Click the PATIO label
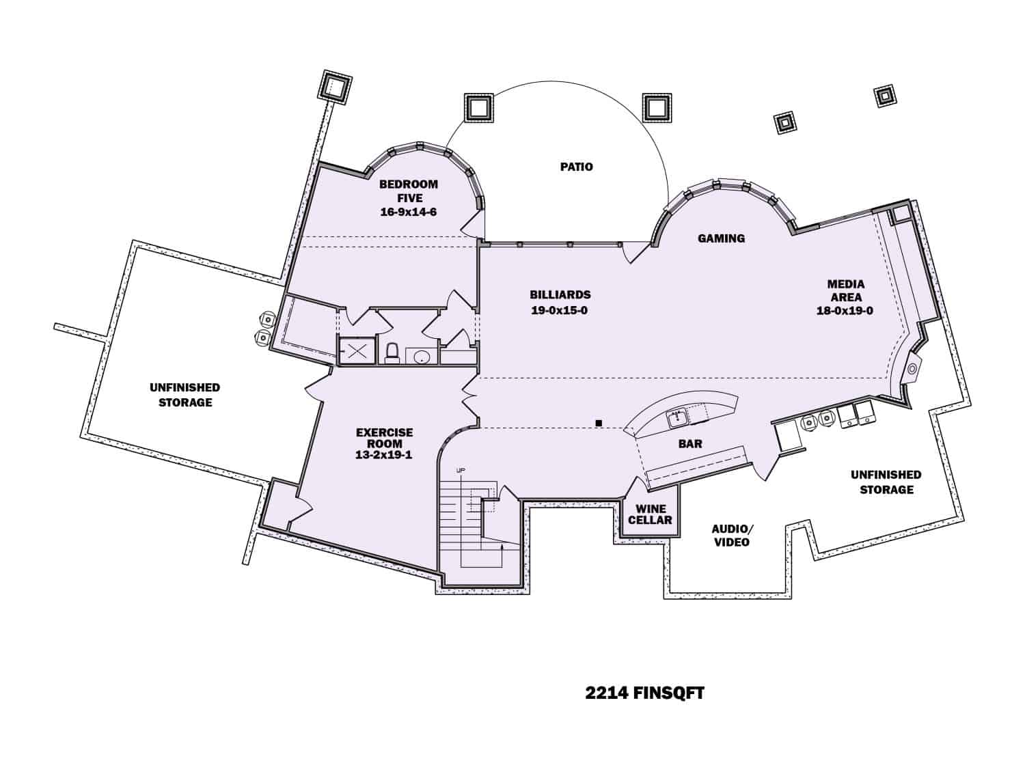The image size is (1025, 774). point(576,167)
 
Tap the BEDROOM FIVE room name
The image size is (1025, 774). point(409,191)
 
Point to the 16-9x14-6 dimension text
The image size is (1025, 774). point(409,212)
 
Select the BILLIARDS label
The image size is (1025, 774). point(560,295)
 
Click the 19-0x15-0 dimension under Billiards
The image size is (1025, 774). point(560,311)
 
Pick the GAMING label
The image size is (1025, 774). point(721,238)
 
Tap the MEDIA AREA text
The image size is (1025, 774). point(845,290)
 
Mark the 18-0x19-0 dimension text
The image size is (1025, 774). point(845,311)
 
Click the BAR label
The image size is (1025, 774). point(690,444)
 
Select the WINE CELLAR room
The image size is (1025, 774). point(650,514)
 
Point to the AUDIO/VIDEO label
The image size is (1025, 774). point(732,536)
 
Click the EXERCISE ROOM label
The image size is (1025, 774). point(384,438)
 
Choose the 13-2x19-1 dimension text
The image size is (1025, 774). point(384,455)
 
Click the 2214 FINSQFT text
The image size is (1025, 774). point(644,693)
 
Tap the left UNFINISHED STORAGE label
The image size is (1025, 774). point(185,395)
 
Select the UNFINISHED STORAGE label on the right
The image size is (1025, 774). point(886,482)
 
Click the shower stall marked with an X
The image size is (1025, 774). point(357,352)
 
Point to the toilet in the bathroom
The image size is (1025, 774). point(392,353)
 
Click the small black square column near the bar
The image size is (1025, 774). point(599,424)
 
